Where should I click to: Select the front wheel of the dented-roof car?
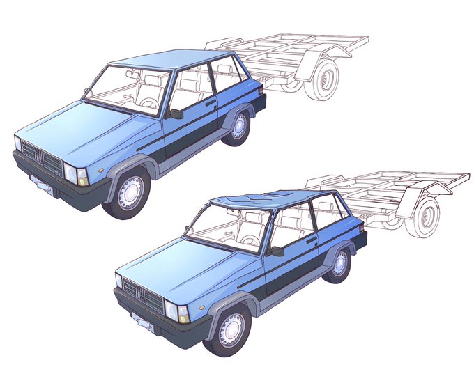(231, 328)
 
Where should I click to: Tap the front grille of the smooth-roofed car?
(44, 157)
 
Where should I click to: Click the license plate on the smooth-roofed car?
(43, 185)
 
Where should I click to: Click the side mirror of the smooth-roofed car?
(176, 113)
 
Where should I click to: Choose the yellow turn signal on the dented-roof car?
(184, 318)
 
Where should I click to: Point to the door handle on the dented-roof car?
(312, 240)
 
